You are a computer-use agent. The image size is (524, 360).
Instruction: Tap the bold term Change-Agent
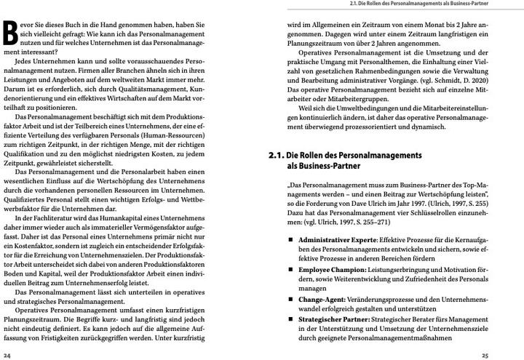click(x=319, y=299)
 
